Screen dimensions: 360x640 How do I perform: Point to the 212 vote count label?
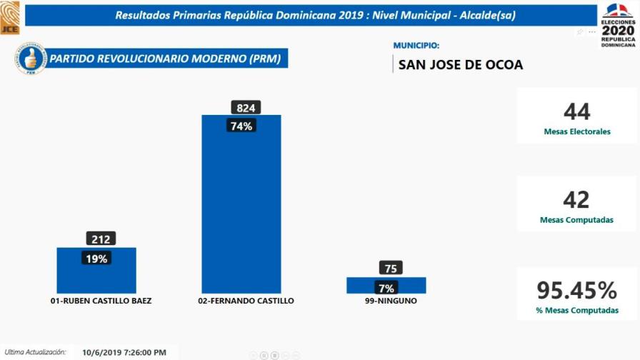click(x=101, y=239)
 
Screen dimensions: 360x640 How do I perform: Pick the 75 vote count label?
click(x=391, y=269)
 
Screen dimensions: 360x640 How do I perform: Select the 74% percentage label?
click(x=241, y=126)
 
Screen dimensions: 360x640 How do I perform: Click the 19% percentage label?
click(x=96, y=259)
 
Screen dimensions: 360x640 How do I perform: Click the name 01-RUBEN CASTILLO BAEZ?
click(x=101, y=301)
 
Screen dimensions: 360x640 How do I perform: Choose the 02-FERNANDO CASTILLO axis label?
click(x=246, y=301)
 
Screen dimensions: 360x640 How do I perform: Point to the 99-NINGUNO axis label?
click(x=391, y=301)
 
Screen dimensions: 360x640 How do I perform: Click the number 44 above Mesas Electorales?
click(x=576, y=112)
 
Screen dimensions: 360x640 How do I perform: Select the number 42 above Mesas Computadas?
click(x=576, y=199)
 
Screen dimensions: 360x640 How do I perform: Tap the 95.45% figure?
click(x=576, y=291)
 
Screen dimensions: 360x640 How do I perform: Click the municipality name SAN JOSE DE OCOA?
click(x=461, y=65)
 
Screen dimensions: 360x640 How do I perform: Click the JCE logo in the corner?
click(x=10, y=17)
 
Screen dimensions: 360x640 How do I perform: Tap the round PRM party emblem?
click(x=30, y=59)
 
